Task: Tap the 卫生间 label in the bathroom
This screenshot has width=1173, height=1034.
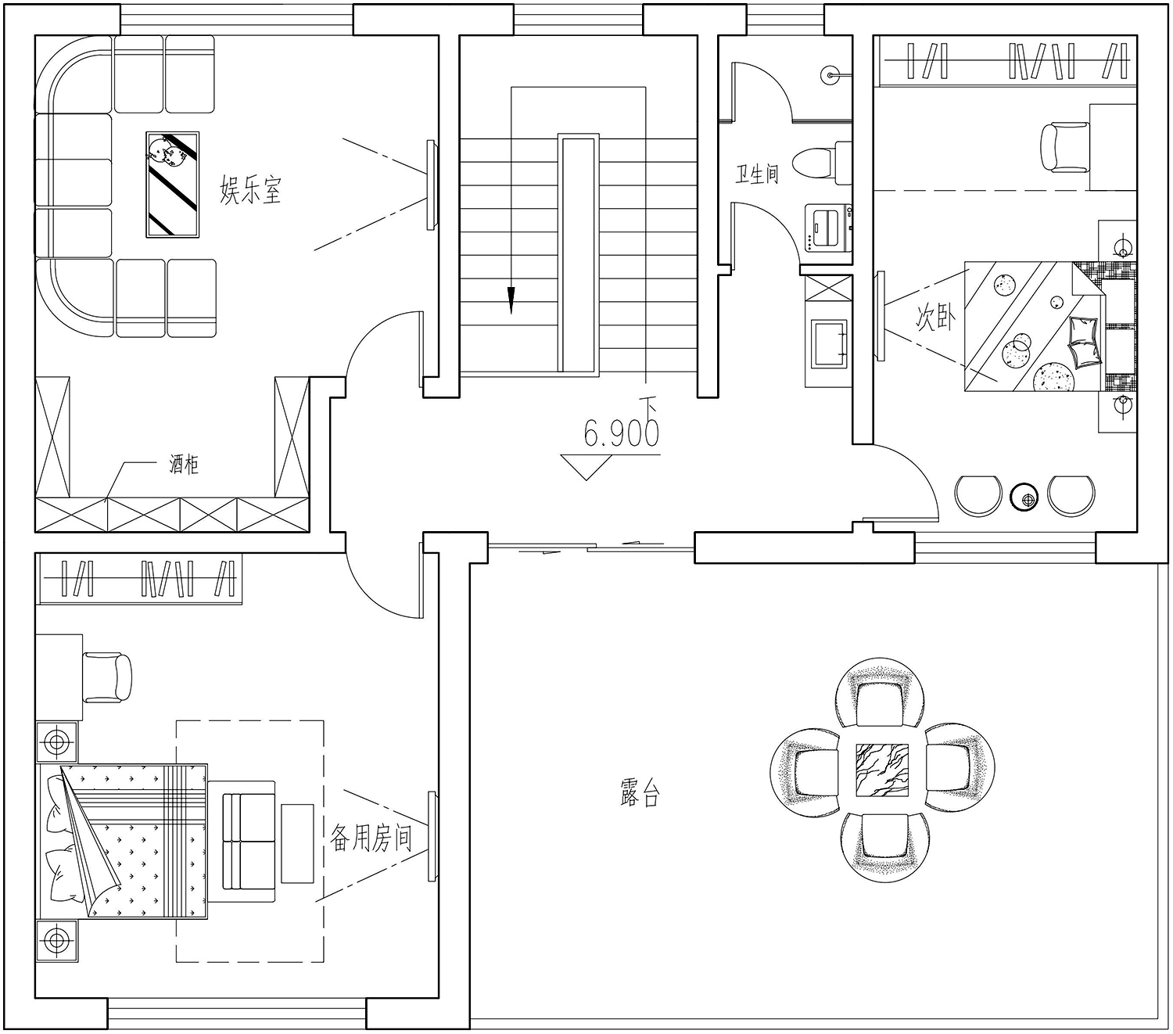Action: coord(757,174)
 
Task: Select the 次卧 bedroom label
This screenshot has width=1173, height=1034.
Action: coord(934,317)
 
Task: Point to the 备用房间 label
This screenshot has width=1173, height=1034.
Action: coord(371,838)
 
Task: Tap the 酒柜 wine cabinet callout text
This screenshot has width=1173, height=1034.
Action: coord(184,465)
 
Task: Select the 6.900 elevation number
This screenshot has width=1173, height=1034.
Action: coord(621,433)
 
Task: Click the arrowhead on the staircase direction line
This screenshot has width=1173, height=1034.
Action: coord(511,300)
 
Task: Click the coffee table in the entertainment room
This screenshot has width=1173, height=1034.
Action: coord(173,185)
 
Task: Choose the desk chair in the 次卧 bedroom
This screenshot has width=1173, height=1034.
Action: coord(1064,147)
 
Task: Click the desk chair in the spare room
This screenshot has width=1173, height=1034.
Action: coord(108,677)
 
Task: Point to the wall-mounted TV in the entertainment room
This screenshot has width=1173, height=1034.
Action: coord(431,185)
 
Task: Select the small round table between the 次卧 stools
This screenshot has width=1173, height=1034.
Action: coord(1024,497)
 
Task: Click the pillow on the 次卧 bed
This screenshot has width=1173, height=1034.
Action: coord(1083,341)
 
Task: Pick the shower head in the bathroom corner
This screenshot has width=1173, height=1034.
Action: coord(831,75)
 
